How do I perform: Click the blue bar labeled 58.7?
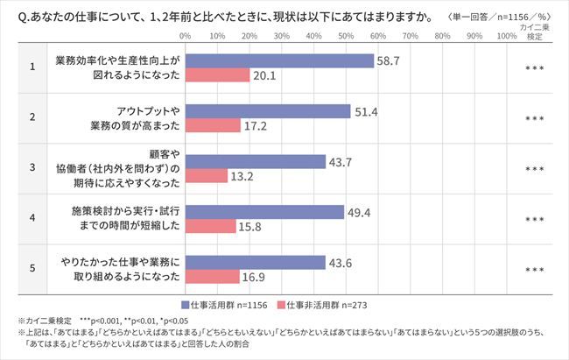coord(279,60)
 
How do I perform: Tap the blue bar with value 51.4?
coord(267,111)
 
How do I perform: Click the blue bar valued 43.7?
coord(255,162)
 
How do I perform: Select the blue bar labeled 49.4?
coord(264,212)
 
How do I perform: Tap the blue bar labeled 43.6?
coord(255,262)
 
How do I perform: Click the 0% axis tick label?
coord(186,37)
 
